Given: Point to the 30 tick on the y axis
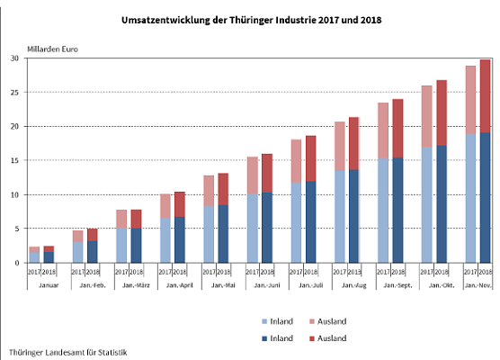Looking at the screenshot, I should (x=14, y=58).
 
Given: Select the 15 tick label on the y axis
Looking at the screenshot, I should (x=14, y=160).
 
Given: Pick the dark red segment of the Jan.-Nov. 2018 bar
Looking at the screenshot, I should (x=485, y=95).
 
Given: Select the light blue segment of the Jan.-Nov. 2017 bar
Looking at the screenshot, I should (x=469, y=198).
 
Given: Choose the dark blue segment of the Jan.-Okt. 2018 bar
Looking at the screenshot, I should (x=442, y=203).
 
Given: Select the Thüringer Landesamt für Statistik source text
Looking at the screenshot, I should (x=67, y=352).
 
